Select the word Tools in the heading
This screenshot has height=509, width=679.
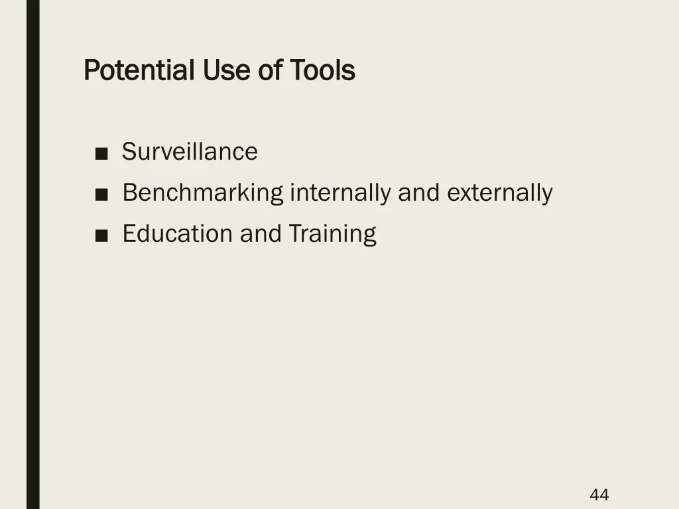point(322,70)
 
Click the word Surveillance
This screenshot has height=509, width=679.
point(190,152)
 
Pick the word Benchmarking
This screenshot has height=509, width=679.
point(203,194)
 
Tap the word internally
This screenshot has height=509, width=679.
point(340,193)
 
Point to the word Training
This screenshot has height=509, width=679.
point(332,234)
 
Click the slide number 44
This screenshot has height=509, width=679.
point(599,494)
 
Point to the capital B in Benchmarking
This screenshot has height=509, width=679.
point(130,193)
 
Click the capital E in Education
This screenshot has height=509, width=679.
point(129,233)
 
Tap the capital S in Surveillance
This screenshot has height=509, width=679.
point(129,152)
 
